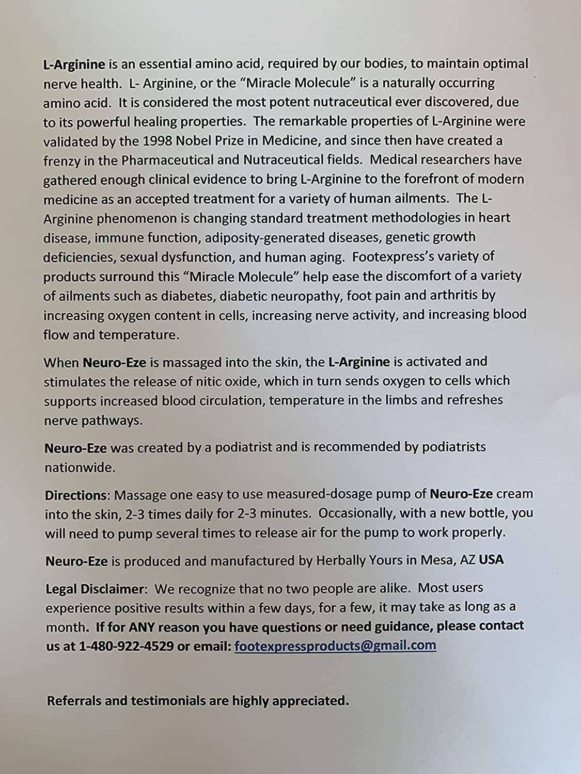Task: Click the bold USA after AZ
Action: tap(491, 559)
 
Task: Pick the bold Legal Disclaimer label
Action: tap(93, 588)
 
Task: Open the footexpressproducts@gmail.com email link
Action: tap(335, 646)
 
